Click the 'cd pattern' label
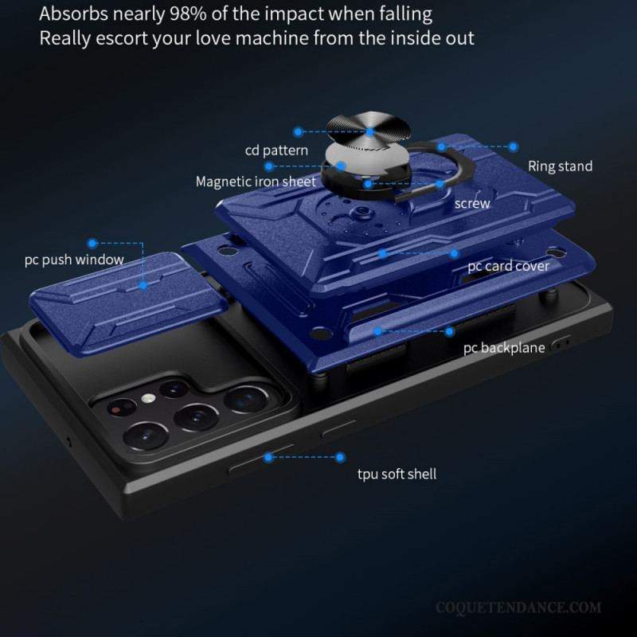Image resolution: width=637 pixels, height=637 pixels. pos(276,150)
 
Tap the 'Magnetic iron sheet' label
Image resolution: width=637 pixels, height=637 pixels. pos(256,182)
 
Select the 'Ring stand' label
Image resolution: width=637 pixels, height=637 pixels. pos(560,166)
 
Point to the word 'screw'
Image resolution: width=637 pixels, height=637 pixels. pos(472,204)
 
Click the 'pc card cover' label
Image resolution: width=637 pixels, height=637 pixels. pos(508,267)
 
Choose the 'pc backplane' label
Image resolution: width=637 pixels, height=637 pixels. pos(504,348)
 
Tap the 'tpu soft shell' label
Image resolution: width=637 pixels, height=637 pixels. pos(397,474)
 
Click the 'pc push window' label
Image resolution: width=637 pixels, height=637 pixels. pos(74,260)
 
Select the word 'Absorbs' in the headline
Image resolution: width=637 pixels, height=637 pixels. pos(74,14)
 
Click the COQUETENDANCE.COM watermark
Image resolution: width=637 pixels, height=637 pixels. pos(518,608)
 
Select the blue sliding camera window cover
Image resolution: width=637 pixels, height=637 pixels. pos(128,303)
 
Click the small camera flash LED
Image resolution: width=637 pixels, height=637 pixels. pos(149,398)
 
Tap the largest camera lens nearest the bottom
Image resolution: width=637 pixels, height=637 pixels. pos(146,436)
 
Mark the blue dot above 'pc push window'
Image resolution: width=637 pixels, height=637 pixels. pos(92,244)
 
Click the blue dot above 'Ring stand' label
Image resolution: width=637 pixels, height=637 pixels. pos(514,147)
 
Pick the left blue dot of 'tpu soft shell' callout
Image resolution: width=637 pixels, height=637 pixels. pos(268,457)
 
